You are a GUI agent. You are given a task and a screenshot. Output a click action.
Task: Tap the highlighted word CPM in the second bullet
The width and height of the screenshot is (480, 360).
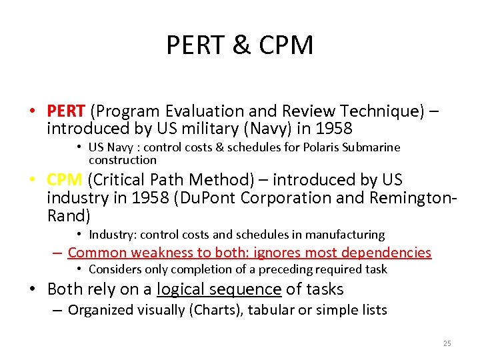[65, 180]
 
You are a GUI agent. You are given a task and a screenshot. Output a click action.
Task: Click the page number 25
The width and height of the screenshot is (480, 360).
[447, 343]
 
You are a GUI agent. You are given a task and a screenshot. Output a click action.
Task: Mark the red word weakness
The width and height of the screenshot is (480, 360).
[160, 253]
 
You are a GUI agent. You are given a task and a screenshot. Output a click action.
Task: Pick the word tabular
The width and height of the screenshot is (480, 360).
[275, 310]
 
